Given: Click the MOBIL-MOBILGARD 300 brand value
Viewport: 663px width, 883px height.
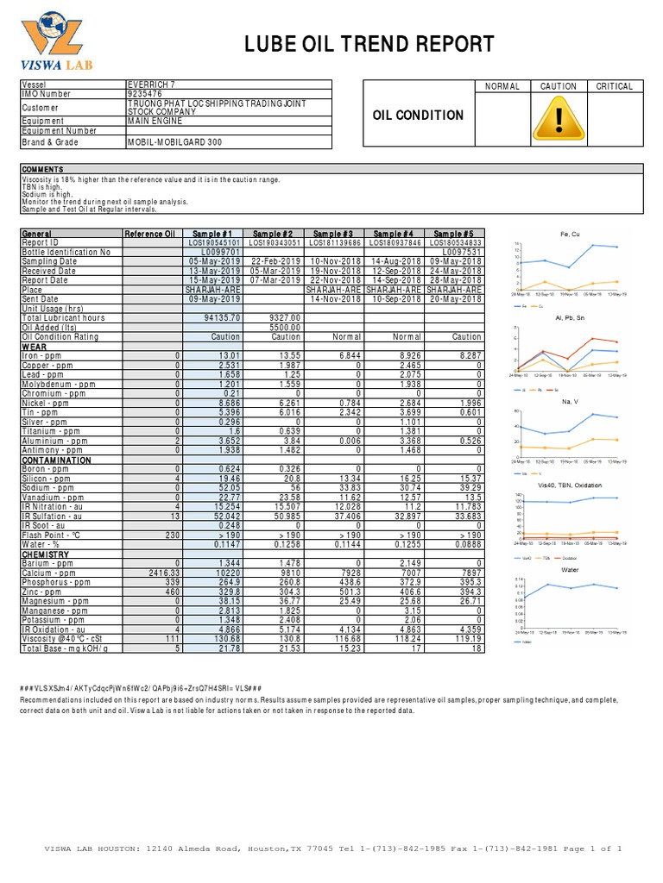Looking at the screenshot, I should click(x=176, y=141).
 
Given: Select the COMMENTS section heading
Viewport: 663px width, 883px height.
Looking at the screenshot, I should click(x=43, y=169).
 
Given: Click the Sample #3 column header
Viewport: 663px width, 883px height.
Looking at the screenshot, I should click(x=333, y=234).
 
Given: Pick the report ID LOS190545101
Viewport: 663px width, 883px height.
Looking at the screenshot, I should click(x=214, y=243).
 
